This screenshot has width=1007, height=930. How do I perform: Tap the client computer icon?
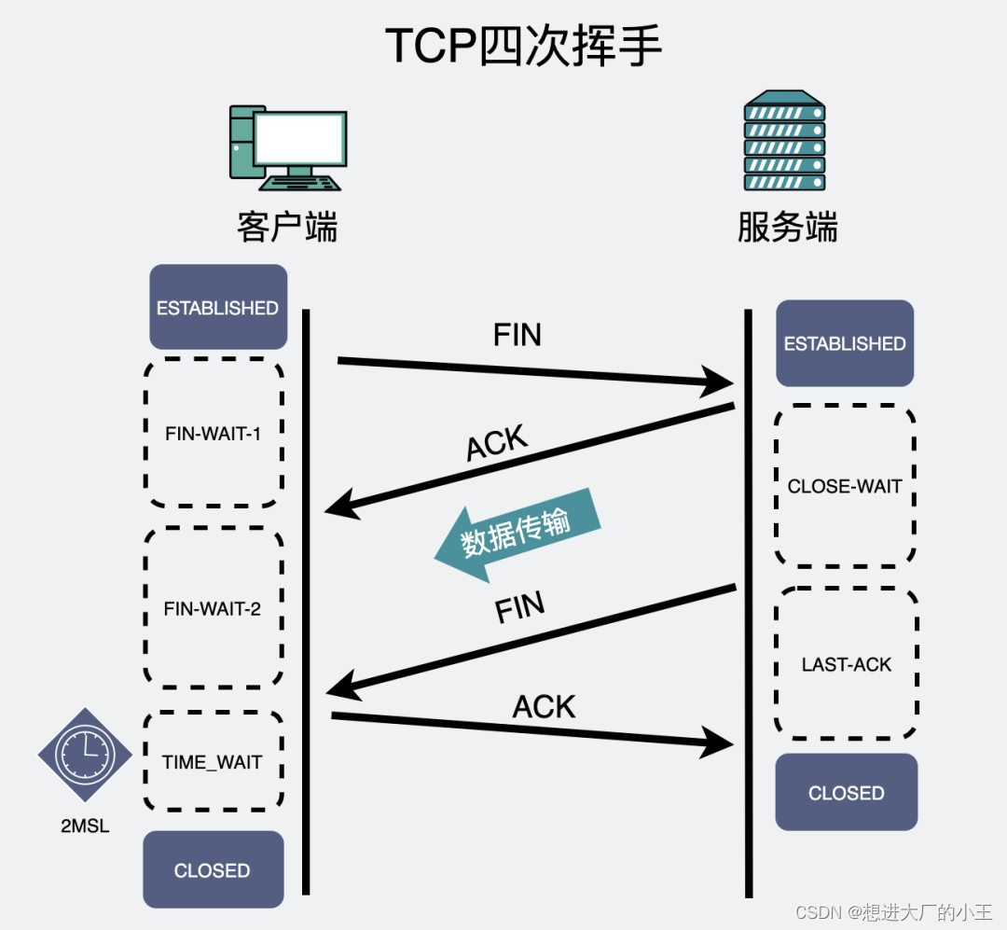[x=287, y=146]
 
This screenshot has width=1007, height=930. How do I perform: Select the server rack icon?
[x=784, y=143]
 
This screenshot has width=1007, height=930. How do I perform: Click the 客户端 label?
[x=287, y=227]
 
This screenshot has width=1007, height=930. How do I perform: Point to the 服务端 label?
[x=787, y=227]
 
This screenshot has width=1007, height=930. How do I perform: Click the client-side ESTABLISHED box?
[x=217, y=307]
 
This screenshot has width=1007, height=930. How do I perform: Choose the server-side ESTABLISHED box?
[x=845, y=343]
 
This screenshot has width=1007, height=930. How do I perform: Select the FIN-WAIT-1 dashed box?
[x=213, y=433]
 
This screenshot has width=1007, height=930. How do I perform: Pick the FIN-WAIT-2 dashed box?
[x=213, y=608]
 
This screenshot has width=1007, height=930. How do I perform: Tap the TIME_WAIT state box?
[x=213, y=762]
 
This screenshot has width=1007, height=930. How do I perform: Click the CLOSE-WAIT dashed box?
[x=845, y=486]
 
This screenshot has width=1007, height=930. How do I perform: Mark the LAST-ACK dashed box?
[x=847, y=664]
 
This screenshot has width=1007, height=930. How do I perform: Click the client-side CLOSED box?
[x=213, y=870]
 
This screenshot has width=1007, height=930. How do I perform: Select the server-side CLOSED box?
[x=847, y=793]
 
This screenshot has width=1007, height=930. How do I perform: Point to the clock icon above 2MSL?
[x=85, y=755]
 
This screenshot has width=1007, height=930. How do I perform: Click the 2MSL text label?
[x=85, y=826]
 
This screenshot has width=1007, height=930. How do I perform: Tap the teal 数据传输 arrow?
[x=517, y=534]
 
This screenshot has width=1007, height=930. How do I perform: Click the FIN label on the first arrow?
[x=517, y=335]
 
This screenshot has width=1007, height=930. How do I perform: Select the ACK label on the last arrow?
[x=544, y=707]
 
